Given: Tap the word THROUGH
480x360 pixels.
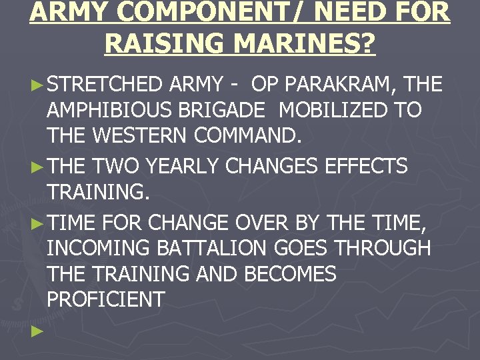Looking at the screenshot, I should [x=383, y=248].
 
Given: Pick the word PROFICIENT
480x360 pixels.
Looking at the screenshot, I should [x=105, y=299].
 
